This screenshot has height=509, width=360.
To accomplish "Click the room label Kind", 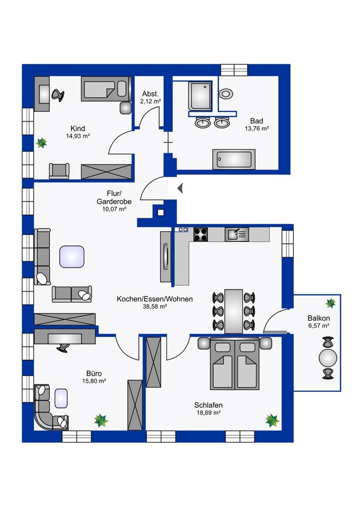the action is (x=77, y=128).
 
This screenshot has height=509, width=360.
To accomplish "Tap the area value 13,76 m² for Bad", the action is (x=257, y=128).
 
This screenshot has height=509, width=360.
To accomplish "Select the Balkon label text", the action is (x=319, y=319).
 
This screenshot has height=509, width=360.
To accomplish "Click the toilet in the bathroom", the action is (x=226, y=94).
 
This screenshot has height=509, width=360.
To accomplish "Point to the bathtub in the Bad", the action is (x=234, y=160).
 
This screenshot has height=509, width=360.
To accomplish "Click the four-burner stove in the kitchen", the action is (x=200, y=234).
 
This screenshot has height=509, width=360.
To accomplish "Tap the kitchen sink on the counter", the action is (x=237, y=234).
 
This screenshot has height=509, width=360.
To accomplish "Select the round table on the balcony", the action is (x=328, y=358).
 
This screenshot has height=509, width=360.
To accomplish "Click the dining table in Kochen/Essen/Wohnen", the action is (x=234, y=312).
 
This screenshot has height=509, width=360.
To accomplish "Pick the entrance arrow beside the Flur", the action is (x=180, y=188).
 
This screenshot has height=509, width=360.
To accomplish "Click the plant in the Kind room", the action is (x=41, y=143).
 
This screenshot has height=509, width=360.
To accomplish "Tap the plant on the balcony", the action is (x=330, y=303).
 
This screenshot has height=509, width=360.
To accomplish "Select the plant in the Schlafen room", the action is (x=272, y=420).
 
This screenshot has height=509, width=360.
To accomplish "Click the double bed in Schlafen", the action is (x=235, y=364).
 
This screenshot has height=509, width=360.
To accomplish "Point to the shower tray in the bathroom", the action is (x=200, y=96).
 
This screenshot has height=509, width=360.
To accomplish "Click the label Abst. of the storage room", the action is (x=150, y=94).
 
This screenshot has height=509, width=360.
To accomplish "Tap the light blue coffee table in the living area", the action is (x=72, y=257).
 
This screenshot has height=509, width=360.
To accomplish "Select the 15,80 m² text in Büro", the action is (x=94, y=381).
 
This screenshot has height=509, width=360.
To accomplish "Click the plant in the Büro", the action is (x=101, y=420).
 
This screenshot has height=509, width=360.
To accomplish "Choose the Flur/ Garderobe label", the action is (x=114, y=198).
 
